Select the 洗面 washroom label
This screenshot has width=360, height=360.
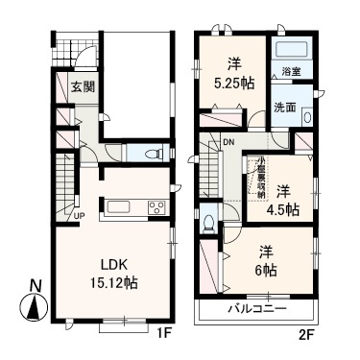(x=285, y=107)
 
